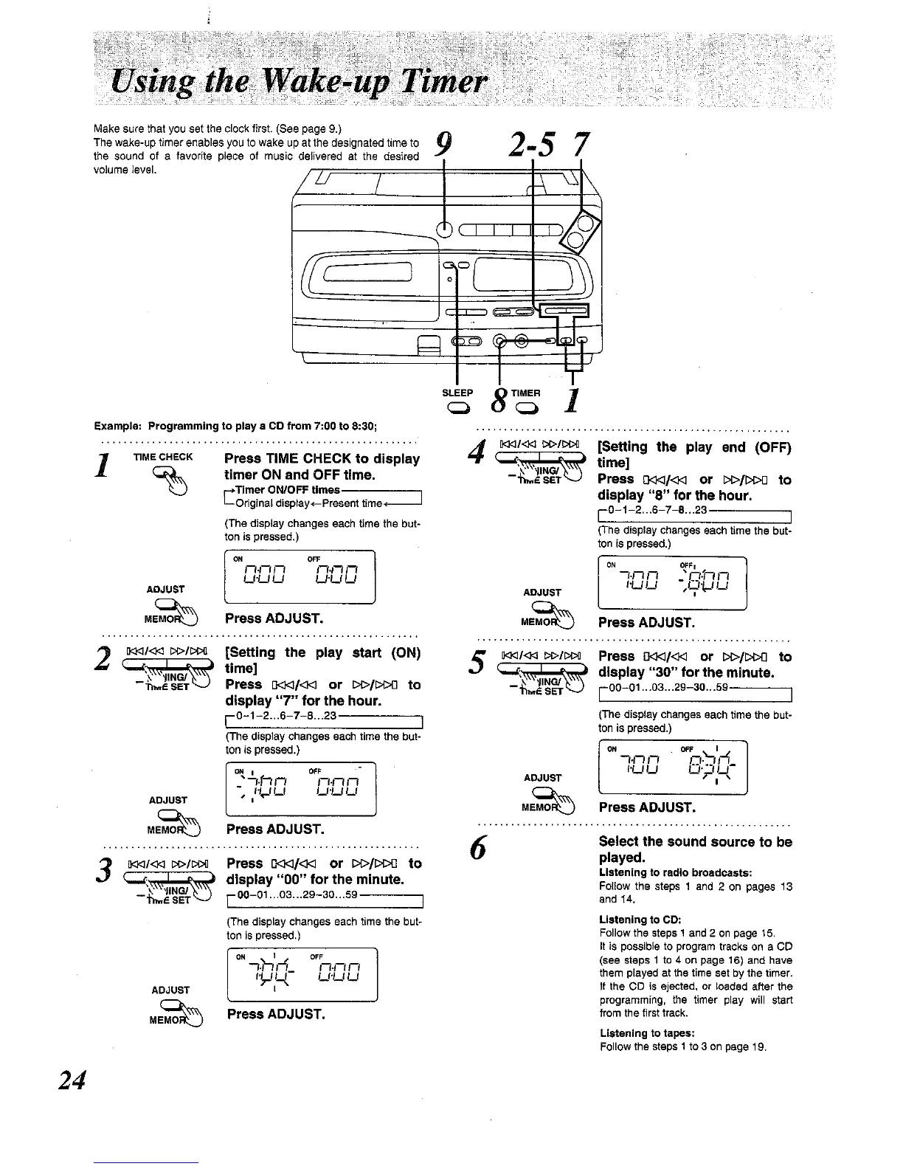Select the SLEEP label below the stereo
coord(457,393)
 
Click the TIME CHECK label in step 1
coord(163,457)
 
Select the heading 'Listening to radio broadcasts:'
coord(675,873)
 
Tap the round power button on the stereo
coord(445,229)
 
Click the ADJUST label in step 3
coord(170,990)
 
